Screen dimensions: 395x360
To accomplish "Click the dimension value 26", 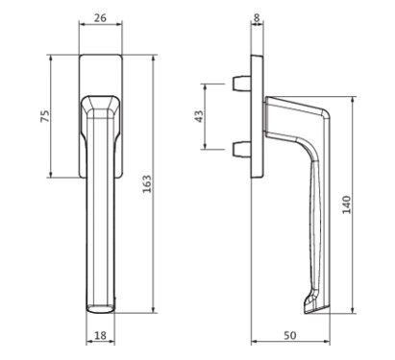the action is [x=100, y=18].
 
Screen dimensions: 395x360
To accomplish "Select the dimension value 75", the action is [x=45, y=116].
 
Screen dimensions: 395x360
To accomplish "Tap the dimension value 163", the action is [x=147, y=183].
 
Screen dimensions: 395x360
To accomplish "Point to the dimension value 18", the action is [x=100, y=335].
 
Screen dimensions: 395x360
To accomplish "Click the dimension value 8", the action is [x=257, y=18].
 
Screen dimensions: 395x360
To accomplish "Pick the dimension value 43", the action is [x=199, y=116].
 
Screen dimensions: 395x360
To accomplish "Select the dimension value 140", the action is [x=347, y=204].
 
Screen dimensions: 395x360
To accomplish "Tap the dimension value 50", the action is [x=290, y=335].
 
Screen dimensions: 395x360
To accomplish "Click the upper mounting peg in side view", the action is [x=241, y=83].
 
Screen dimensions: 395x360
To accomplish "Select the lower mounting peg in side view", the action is [x=241, y=150].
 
